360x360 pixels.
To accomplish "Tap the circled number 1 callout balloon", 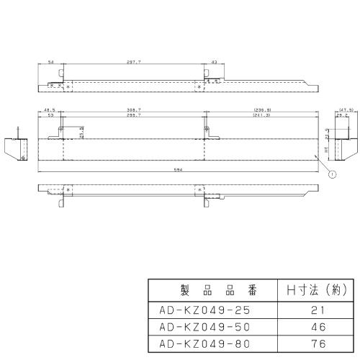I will click(x=330, y=173).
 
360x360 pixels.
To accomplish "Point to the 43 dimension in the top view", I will click(x=214, y=63).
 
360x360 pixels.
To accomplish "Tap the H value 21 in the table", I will click(x=313, y=311).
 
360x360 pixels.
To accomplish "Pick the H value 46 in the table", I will click(x=313, y=326).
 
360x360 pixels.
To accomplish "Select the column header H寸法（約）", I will click(x=313, y=292).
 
